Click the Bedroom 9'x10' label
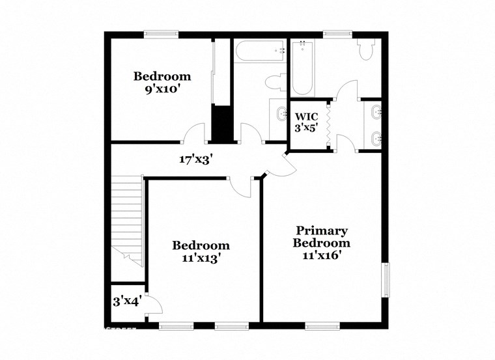click(x=162, y=83)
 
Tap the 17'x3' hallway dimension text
click(x=197, y=158)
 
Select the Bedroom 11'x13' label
click(x=201, y=251)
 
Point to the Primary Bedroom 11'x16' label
click(x=322, y=243)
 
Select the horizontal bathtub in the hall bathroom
click(x=259, y=51)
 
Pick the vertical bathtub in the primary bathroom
click(x=304, y=68)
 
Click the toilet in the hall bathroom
click(x=276, y=82)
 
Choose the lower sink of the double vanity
click(x=375, y=137)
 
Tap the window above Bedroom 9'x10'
click(x=162, y=34)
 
